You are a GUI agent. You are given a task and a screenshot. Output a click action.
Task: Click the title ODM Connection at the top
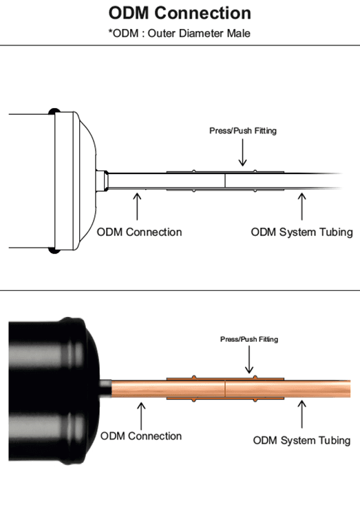click(180, 13)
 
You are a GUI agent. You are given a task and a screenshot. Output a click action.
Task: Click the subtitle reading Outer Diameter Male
click(199, 33)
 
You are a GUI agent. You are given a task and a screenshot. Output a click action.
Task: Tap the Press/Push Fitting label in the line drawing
click(243, 131)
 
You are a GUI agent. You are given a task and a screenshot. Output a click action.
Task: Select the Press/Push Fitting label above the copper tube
click(249, 339)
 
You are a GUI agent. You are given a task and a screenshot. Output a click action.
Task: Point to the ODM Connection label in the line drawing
click(139, 232)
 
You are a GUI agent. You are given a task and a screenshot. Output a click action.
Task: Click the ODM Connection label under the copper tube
click(141, 436)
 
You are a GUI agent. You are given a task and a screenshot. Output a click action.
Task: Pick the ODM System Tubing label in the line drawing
click(301, 232)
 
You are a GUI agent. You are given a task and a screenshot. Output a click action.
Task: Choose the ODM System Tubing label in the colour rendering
click(301, 440)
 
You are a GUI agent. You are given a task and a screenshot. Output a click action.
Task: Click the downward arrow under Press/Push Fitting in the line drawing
click(242, 153)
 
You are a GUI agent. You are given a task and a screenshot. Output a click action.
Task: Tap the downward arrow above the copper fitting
click(249, 359)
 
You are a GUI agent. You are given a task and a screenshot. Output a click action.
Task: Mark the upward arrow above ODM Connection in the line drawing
click(137, 206)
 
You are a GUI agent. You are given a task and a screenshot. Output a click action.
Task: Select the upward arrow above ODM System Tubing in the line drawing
click(301, 206)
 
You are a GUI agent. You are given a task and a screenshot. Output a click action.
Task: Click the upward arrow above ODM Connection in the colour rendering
click(141, 416)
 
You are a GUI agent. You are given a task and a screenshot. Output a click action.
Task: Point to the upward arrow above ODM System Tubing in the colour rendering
click(301, 414)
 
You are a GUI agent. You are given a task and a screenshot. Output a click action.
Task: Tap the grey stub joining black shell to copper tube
click(105, 389)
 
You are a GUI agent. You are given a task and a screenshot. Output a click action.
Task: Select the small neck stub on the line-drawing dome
click(102, 181)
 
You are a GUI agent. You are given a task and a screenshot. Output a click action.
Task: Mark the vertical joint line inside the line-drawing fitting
click(225, 181)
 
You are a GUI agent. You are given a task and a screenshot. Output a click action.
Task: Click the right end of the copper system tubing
click(349, 389)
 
